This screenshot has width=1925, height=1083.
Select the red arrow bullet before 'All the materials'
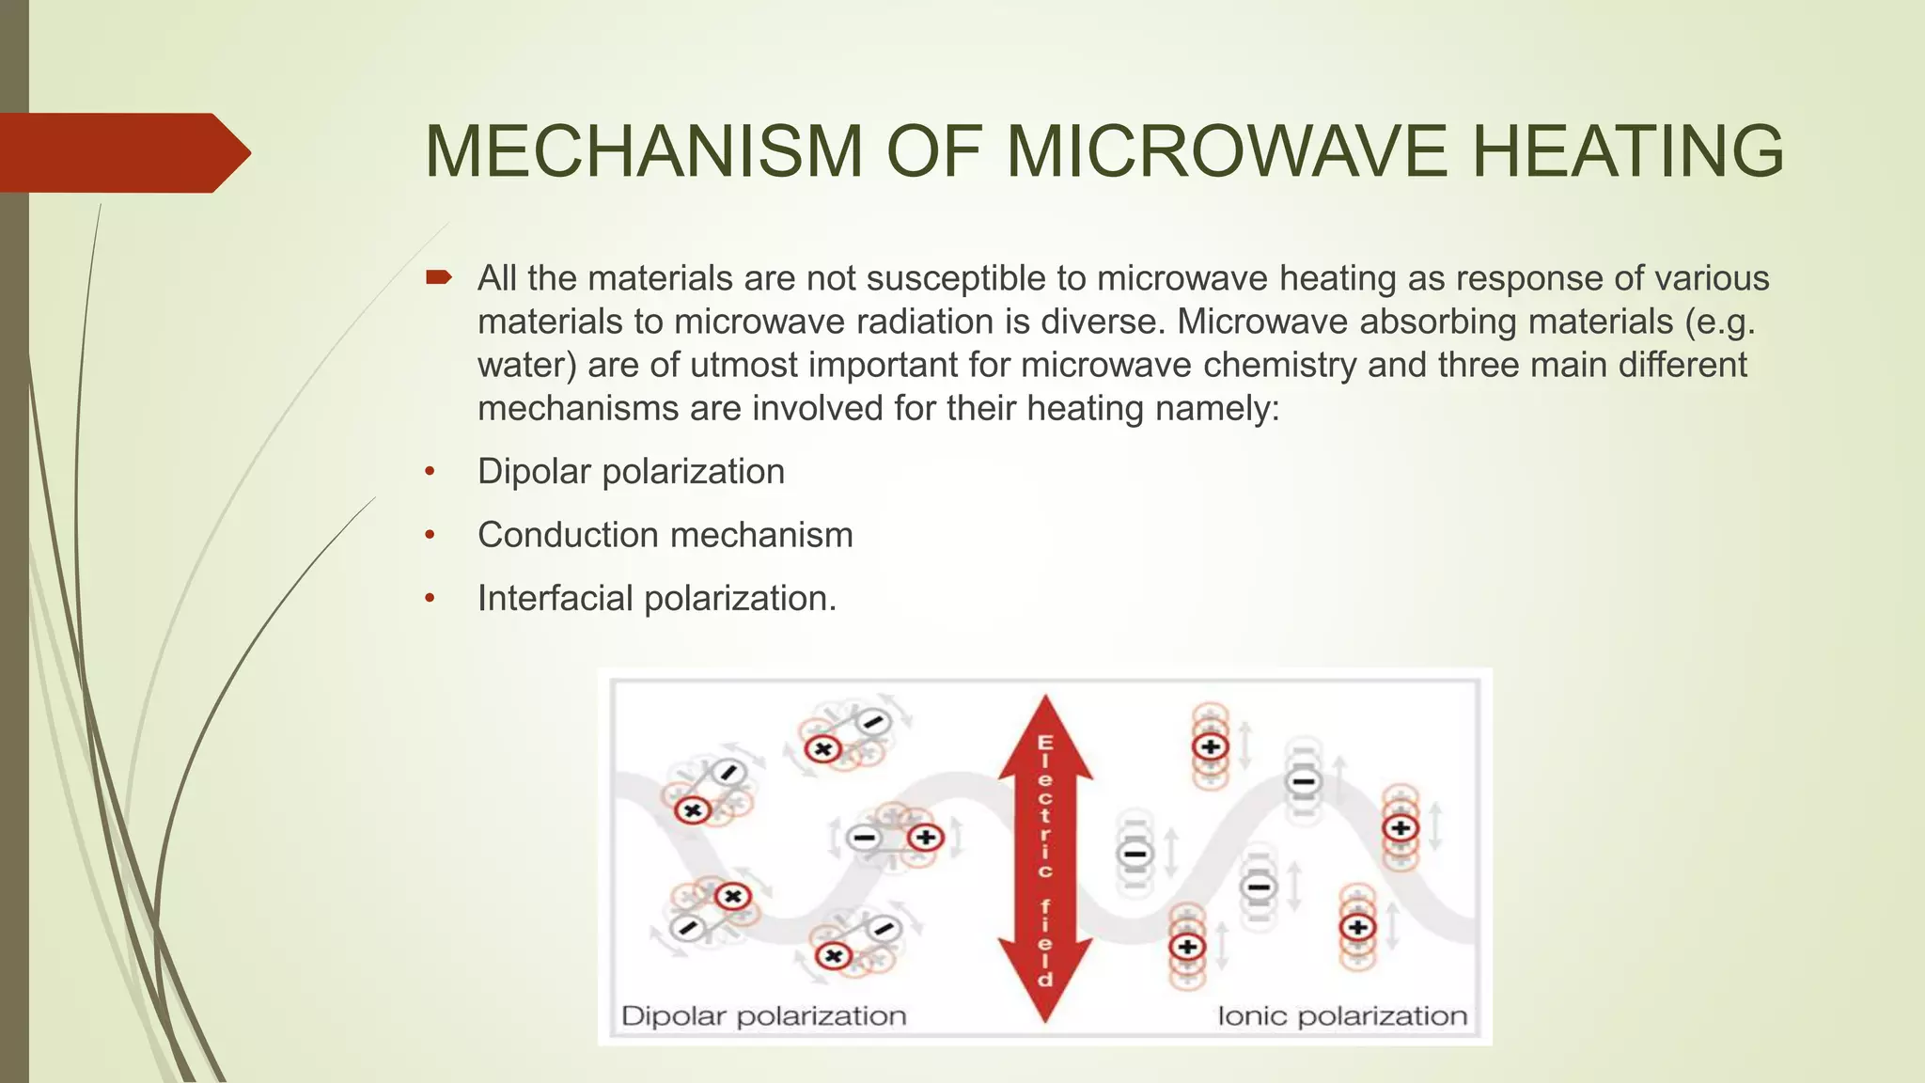pos(438,277)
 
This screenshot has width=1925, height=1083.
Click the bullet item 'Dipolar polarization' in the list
pos(631,471)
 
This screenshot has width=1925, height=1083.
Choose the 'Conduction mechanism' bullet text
pos(665,535)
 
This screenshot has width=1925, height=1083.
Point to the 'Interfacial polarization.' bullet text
pos(656,599)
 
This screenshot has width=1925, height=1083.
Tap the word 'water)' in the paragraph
pos(526,365)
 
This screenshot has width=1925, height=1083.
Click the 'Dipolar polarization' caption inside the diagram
pos(763,1016)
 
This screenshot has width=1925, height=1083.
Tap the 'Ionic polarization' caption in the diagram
pos(1341,1016)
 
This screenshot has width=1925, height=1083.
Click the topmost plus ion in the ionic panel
pos(1211,747)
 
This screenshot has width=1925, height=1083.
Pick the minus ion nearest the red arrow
pos(1135,854)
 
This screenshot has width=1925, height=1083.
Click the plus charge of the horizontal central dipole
pos(925,837)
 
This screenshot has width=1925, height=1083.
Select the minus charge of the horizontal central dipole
pos(864,837)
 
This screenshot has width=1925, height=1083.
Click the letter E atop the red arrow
pos(1045,744)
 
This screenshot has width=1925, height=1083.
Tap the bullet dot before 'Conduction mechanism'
pos(430,535)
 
